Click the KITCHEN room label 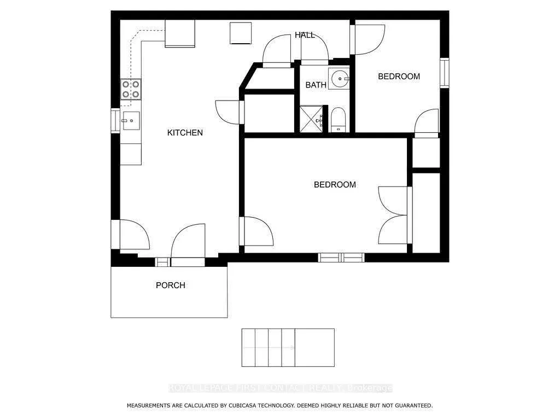pos(185,133)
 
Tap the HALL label pos(305,35)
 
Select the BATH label pos(316,85)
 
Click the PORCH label pos(170,285)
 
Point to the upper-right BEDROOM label pos(399,77)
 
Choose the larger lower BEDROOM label pos(334,185)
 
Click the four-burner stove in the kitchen pos(131,89)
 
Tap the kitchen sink pos(130,121)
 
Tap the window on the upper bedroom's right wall pos(445,73)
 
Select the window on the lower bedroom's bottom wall pos(341,257)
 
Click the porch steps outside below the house pos(288,348)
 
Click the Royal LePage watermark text pos(280,388)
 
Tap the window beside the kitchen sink pos(115,121)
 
